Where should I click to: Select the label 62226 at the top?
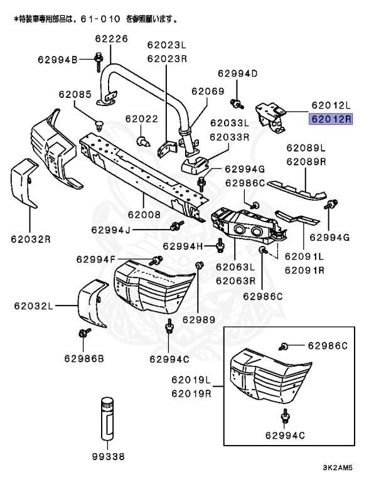tap(112, 38)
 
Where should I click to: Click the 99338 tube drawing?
tap(105, 420)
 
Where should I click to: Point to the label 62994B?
tap(57, 60)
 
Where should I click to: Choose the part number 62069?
tap(207, 91)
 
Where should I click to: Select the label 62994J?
tap(110, 230)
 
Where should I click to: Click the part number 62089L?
tap(306, 149)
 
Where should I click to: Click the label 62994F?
tap(95, 259)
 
